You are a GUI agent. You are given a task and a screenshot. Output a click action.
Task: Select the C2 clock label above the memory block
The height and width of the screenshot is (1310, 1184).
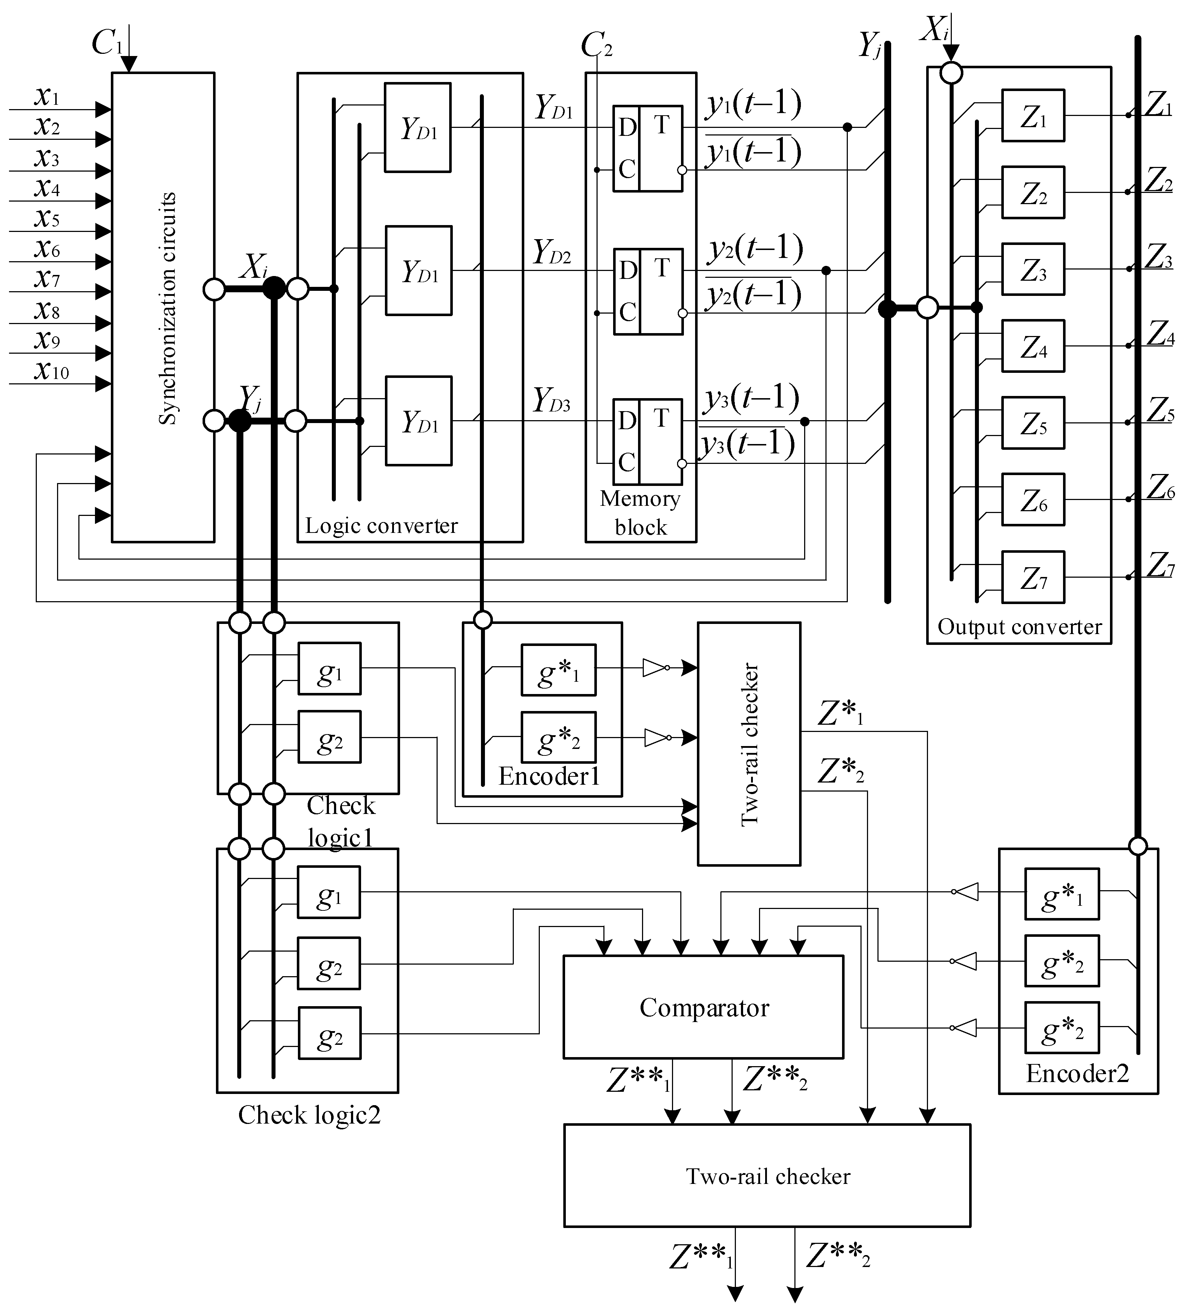(x=595, y=46)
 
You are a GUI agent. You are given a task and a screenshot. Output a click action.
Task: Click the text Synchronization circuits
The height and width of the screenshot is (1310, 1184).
(x=168, y=309)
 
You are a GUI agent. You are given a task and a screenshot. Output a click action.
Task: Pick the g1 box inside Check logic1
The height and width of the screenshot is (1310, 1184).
(x=329, y=669)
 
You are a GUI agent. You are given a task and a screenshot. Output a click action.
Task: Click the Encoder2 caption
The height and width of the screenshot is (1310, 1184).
(x=1077, y=1073)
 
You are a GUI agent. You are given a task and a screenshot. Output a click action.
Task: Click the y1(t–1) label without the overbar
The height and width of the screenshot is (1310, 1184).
(x=753, y=104)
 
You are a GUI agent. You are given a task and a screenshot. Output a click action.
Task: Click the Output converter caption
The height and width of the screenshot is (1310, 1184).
(x=1019, y=626)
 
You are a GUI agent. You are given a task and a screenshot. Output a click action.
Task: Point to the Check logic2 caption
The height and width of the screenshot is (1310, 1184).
(x=309, y=1115)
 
